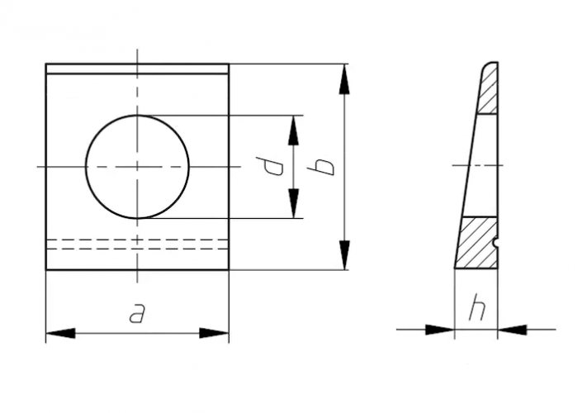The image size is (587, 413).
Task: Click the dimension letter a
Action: point(137,314)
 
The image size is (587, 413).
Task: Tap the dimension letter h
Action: point(477,309)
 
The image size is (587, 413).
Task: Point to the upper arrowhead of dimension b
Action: point(344,78)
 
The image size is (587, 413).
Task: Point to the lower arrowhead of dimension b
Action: point(344,254)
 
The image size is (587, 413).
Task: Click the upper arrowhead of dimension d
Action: point(293,129)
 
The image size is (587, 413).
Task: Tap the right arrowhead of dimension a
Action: point(214,333)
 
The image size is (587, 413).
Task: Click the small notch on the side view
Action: point(495,243)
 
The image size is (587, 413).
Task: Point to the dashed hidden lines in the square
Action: point(137,244)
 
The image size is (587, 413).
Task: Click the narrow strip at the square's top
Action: point(137,69)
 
